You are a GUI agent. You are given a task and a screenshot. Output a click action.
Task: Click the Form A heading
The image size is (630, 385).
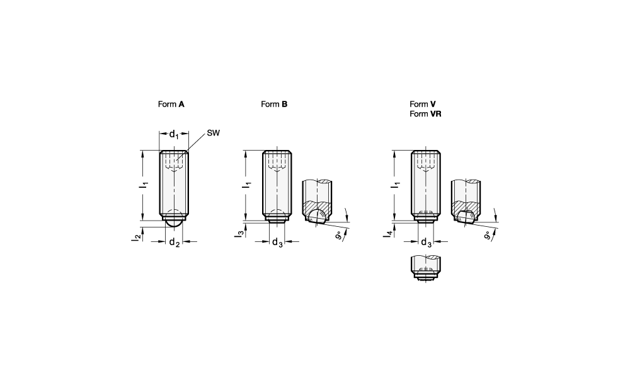[x=171, y=104]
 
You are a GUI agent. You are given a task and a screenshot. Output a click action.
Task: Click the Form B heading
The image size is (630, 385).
[x=274, y=104]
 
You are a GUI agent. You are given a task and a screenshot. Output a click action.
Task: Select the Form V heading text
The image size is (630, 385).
[x=423, y=104]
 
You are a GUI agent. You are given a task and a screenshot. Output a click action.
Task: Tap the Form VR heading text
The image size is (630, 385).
[x=425, y=113]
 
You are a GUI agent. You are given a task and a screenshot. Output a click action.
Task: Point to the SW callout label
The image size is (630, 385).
[x=214, y=133]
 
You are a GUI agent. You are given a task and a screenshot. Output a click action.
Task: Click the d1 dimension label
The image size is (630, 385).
[x=174, y=134]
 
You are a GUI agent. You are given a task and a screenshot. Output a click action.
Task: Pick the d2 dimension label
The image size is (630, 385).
[x=174, y=242]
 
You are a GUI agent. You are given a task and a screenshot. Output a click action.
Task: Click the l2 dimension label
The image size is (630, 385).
[x=136, y=237]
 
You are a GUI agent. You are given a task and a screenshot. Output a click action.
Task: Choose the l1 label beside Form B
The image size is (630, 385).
[x=248, y=185]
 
